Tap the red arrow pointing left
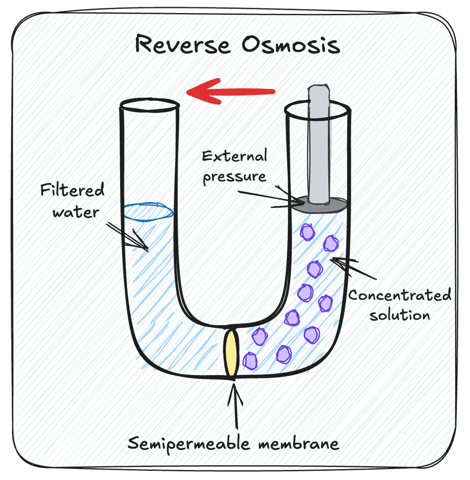(x=231, y=91)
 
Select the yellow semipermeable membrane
(x=231, y=352)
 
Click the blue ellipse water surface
(x=148, y=211)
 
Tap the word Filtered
(x=73, y=191)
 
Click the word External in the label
(x=235, y=156)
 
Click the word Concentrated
(x=399, y=295)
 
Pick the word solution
(x=399, y=314)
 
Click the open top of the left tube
(x=150, y=104)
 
